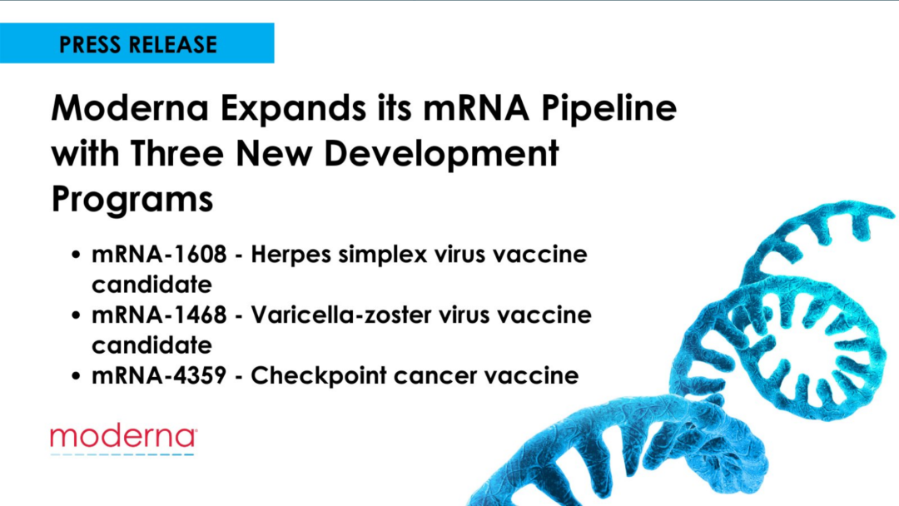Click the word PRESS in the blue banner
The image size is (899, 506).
pos(90,45)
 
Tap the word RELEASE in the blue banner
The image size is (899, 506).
pos(172,45)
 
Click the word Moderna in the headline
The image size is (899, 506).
pos(130,107)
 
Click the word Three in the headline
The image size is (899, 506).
pos(176,154)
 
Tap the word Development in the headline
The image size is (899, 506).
pos(441,156)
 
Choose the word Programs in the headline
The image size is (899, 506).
pos(132,201)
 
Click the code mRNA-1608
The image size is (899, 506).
pos(159,255)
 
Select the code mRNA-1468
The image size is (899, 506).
pos(159,315)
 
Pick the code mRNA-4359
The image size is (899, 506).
pos(159,376)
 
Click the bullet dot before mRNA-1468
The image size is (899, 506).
pos(77,315)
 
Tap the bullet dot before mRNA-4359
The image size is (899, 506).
pos(77,376)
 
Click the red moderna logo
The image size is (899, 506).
pos(123,437)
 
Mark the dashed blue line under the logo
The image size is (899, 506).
pos(122,454)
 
